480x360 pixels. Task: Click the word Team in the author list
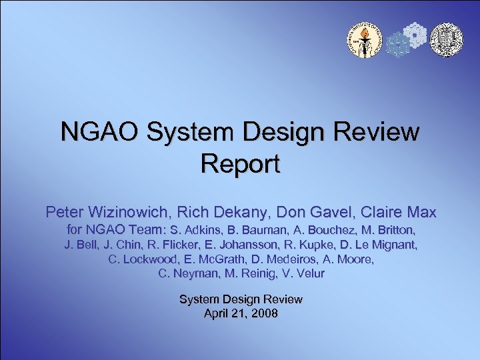click(148, 230)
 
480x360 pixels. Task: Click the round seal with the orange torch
click(363, 40)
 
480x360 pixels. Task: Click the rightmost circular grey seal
click(446, 40)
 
